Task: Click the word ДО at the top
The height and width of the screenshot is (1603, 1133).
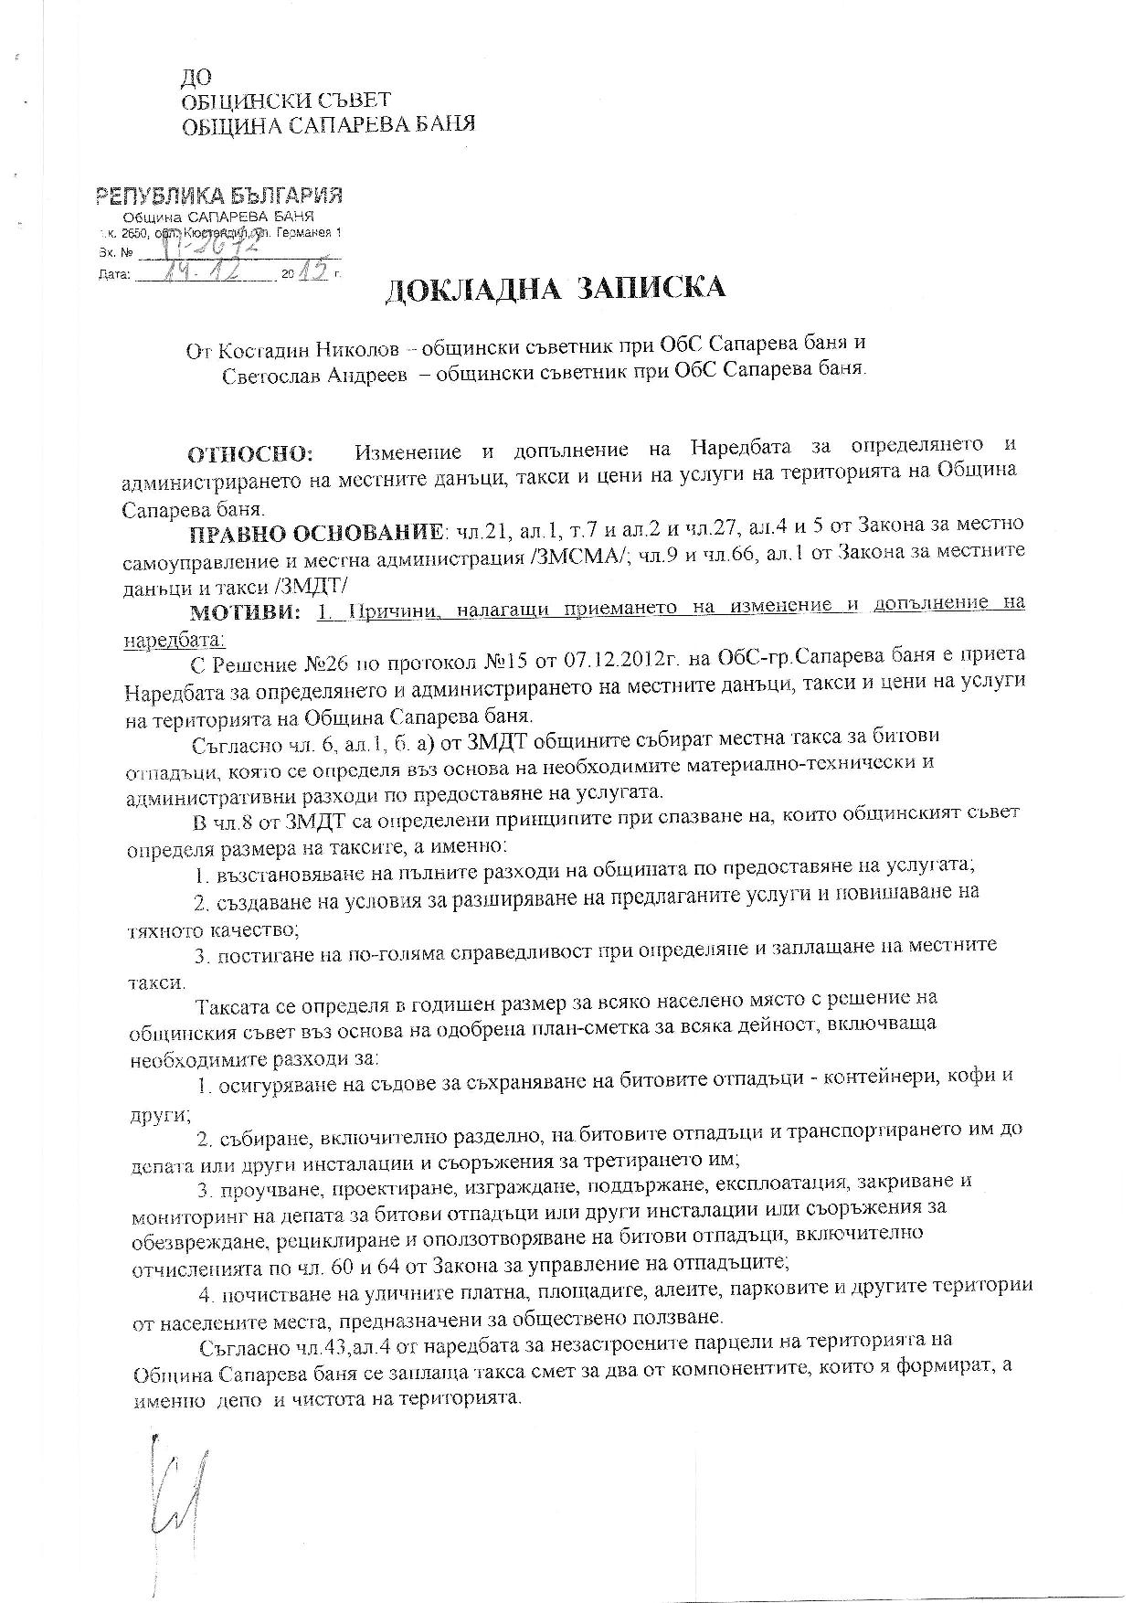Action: click(196, 80)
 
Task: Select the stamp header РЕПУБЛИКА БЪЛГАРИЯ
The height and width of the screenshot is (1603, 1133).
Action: click(219, 196)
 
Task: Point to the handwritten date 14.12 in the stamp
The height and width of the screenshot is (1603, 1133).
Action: click(203, 271)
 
